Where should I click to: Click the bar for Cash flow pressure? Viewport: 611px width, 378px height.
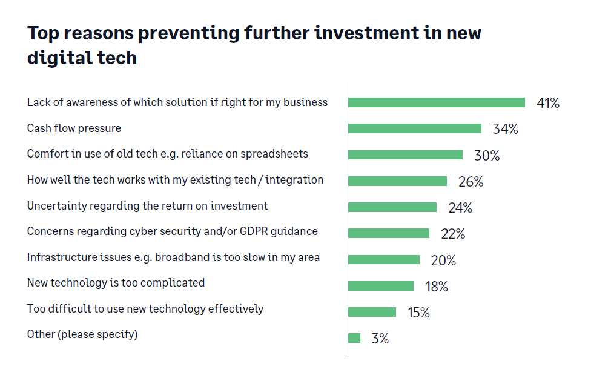pyautogui.click(x=415, y=128)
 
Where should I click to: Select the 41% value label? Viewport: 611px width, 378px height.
pyautogui.click(x=547, y=103)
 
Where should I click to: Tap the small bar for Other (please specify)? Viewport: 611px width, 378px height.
pyautogui.click(x=354, y=338)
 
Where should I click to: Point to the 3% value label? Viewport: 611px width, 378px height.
pyautogui.click(x=380, y=339)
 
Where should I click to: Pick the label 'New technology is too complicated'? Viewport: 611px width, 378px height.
pyautogui.click(x=116, y=283)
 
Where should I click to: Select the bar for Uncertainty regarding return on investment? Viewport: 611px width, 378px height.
pyautogui.click(x=392, y=207)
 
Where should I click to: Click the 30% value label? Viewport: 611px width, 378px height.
pyautogui.click(x=486, y=156)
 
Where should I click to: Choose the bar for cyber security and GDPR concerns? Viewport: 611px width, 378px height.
pyautogui.click(x=389, y=233)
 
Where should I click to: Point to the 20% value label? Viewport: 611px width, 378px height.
pyautogui.click(x=443, y=260)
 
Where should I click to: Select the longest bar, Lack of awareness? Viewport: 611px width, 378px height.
pyautogui.click(x=436, y=102)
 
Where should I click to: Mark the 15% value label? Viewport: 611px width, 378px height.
pyautogui.click(x=418, y=313)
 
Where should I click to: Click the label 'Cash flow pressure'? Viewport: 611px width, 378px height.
pyautogui.click(x=74, y=128)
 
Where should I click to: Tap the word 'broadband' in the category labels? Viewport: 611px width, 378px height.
pyautogui.click(x=182, y=257)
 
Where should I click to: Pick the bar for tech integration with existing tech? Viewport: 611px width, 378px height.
pyautogui.click(x=397, y=181)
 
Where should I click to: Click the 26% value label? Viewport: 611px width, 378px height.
pyautogui.click(x=471, y=182)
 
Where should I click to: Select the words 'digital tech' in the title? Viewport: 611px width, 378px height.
pyautogui.click(x=82, y=58)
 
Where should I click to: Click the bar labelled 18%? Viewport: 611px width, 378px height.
pyautogui.click(x=381, y=286)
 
